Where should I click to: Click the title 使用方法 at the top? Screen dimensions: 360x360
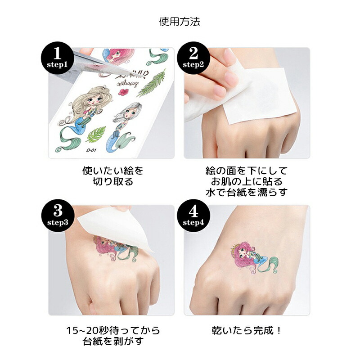coord(180,22)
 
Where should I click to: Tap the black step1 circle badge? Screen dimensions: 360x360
coord(58,58)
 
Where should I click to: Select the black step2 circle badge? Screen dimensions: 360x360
coord(193,58)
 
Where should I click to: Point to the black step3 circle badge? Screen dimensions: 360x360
coord(58,216)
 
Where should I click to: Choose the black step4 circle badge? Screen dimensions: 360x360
coord(193,216)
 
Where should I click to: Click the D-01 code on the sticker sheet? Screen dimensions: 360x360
coord(91,150)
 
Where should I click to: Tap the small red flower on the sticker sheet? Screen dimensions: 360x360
coord(123,92)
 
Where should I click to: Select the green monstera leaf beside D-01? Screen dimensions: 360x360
coord(96,135)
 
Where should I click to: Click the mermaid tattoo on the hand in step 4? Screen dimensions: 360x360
coord(255,259)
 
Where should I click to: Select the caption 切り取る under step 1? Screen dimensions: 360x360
coord(113,181)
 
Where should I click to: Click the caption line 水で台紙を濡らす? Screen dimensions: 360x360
coord(247,192)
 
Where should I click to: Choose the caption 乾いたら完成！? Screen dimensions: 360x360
coord(247,331)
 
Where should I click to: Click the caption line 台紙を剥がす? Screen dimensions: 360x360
coord(113,342)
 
